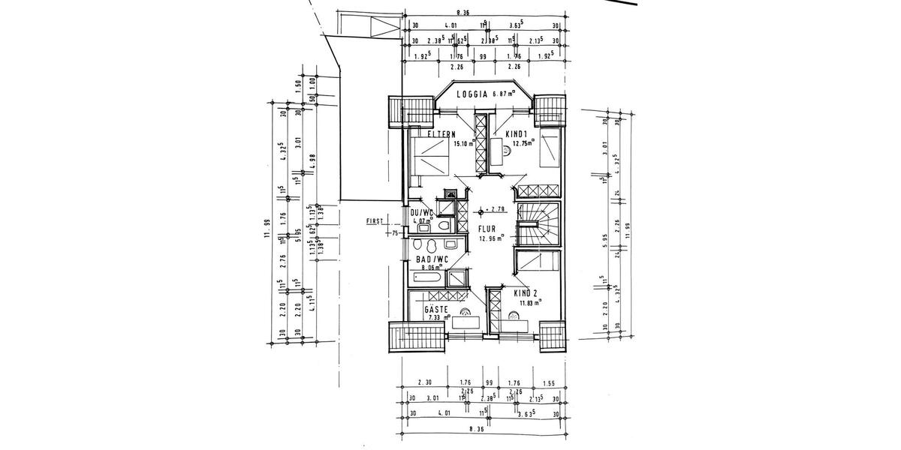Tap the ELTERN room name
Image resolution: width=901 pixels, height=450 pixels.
441,134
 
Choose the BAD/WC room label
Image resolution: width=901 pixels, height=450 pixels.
432,259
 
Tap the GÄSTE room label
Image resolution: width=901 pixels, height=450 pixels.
436,309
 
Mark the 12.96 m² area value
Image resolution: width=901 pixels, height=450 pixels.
491,240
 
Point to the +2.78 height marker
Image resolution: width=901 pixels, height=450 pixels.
492,209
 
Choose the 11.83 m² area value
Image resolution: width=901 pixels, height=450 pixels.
532,303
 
